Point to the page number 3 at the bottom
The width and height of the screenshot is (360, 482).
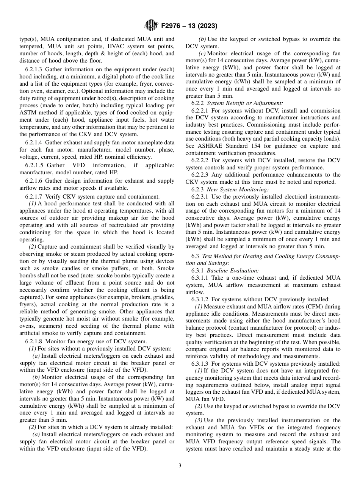pos(180,466)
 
